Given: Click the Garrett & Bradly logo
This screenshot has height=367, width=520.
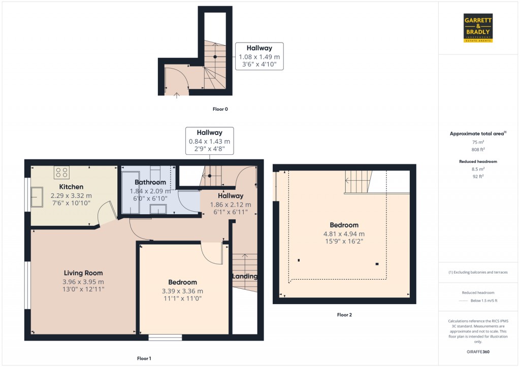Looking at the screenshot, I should pyautogui.click(x=478, y=28).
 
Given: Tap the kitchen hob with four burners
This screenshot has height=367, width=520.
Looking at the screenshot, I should pyautogui.click(x=61, y=173).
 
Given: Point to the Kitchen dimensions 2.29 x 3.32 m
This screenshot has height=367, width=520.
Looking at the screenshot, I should pyautogui.click(x=71, y=195).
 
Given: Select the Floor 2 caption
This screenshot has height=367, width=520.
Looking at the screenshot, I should pyautogui.click(x=344, y=315).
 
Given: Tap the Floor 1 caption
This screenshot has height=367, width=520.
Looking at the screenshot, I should pyautogui.click(x=144, y=358).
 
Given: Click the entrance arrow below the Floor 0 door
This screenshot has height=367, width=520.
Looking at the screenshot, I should pyautogui.click(x=176, y=95).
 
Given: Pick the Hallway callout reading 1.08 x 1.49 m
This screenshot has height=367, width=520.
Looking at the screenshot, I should pyautogui.click(x=259, y=56).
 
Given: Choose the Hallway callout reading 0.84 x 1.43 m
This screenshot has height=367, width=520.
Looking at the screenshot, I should pyautogui.click(x=210, y=141).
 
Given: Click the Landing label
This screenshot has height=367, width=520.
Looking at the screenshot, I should pyautogui.click(x=245, y=276).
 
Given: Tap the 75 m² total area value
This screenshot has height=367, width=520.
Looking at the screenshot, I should pyautogui.click(x=477, y=143).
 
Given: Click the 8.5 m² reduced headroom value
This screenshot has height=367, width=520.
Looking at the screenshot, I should pyautogui.click(x=477, y=169).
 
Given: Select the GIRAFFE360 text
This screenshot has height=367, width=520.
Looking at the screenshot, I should pyautogui.click(x=477, y=351).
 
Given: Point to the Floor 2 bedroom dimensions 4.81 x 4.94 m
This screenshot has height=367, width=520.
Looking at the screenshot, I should pyautogui.click(x=344, y=234).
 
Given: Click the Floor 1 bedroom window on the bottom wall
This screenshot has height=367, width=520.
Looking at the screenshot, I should pyautogui.click(x=165, y=337).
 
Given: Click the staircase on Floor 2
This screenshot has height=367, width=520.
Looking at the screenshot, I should pyautogui.click(x=359, y=182).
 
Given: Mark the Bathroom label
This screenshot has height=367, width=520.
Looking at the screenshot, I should pyautogui.click(x=150, y=182).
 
